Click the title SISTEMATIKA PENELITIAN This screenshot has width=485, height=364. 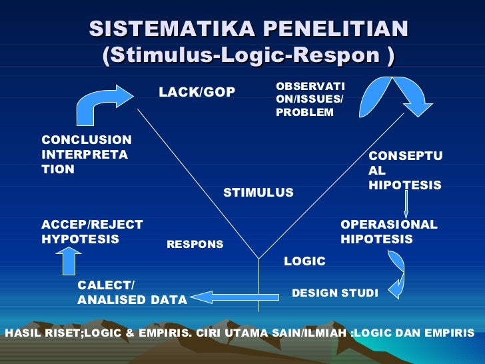tap(248, 29)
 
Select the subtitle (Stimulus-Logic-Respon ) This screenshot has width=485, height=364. tap(248, 56)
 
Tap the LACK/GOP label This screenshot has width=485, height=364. tap(197, 93)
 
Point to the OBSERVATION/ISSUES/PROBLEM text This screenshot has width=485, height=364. tap(310, 100)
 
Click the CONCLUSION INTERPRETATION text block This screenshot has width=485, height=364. tap(86, 155)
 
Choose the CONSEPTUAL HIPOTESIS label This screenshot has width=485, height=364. tap(404, 171)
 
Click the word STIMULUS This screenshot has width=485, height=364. tap(258, 193)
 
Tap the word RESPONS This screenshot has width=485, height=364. tap(195, 245)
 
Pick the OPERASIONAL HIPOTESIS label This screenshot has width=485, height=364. tap(388, 232)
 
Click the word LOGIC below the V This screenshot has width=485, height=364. tap(304, 261)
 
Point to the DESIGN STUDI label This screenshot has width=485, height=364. tap(334, 293)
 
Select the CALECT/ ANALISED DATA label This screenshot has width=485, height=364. tap(131, 293)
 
